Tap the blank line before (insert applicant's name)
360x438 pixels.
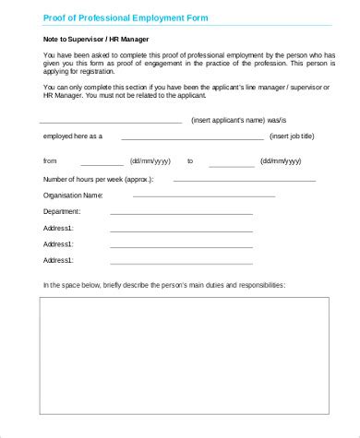113,123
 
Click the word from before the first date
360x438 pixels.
50,160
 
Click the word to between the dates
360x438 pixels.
190,160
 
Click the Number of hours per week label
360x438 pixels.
98,179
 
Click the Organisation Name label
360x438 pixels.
73,195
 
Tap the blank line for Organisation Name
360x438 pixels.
203,197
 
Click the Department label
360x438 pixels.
63,211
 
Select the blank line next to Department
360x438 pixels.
181,214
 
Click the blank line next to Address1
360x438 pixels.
181,231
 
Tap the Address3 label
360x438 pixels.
58,261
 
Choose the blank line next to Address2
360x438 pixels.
181,247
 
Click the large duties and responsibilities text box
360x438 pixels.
183,355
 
